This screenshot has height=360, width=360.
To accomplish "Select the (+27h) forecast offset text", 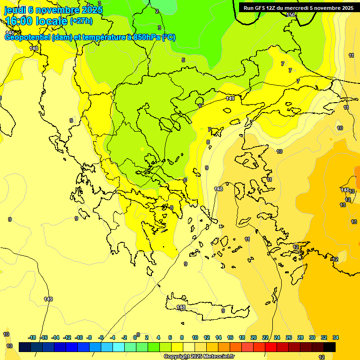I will coord(81,21).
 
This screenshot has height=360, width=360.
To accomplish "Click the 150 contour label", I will coord(291,15).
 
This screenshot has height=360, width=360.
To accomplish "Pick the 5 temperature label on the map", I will coord(183,60).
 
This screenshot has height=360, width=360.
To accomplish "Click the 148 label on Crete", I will coord(181,307).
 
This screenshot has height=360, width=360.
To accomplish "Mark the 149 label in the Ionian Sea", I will coord(48,299).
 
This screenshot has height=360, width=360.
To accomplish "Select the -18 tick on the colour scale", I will coord(32,337).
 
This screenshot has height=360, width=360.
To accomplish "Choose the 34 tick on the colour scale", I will coord(336,337).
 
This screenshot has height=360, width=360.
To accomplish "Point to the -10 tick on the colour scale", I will coord(79,337).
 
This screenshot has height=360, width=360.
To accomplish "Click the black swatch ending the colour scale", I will coord(330,347).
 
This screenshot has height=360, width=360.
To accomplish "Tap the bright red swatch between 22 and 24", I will coord(271,347).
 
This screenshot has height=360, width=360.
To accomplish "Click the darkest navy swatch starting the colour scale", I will coord(25,347).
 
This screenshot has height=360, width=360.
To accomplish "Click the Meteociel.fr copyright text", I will coord(199,356).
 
